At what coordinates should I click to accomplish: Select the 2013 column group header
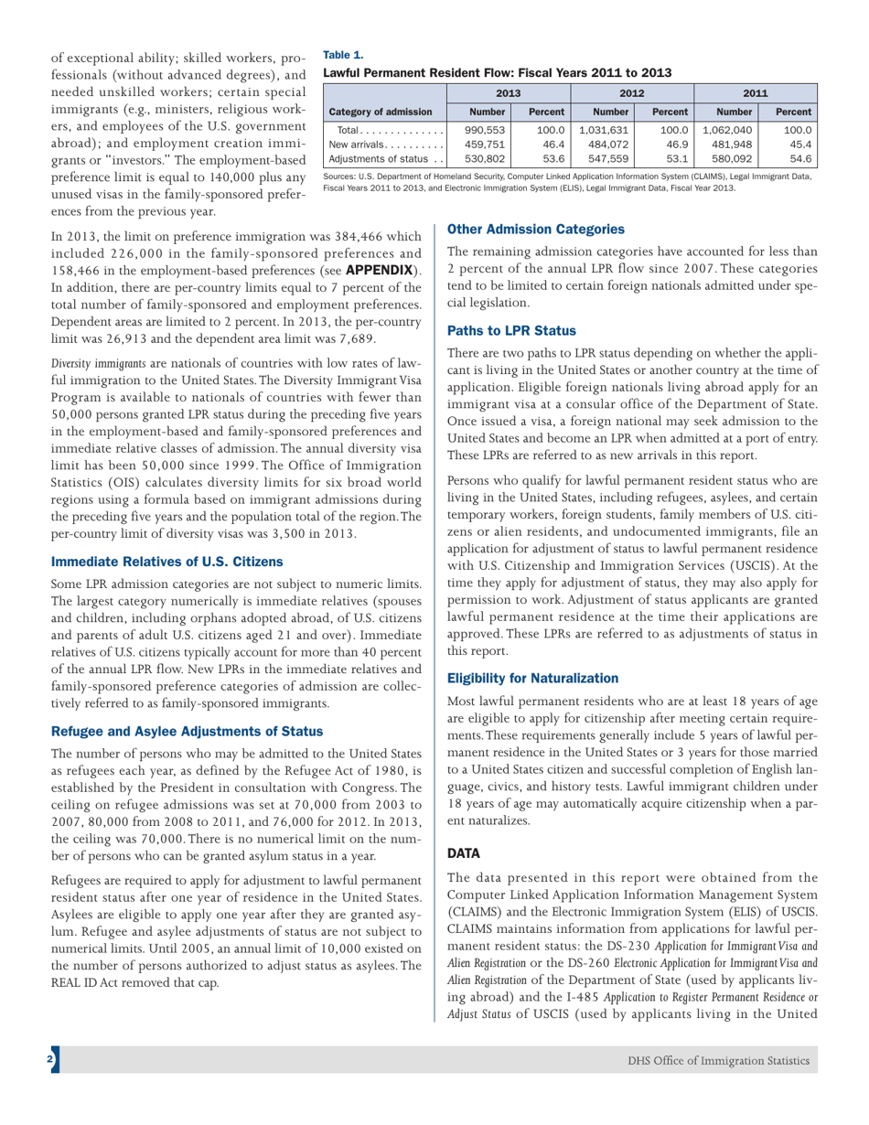point(509,92)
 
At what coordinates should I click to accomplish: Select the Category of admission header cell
point(381,112)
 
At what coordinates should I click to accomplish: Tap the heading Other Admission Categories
point(535,229)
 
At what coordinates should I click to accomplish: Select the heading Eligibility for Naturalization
point(532,678)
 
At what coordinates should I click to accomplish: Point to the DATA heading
point(464,852)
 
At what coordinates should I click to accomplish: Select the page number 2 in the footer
point(51,1060)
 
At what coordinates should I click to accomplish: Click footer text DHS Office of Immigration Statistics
point(718,1060)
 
